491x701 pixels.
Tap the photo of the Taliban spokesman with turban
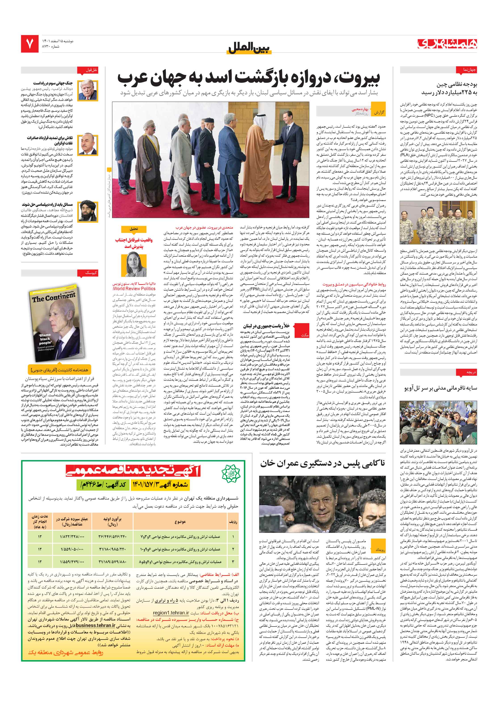(x=88, y=211)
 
